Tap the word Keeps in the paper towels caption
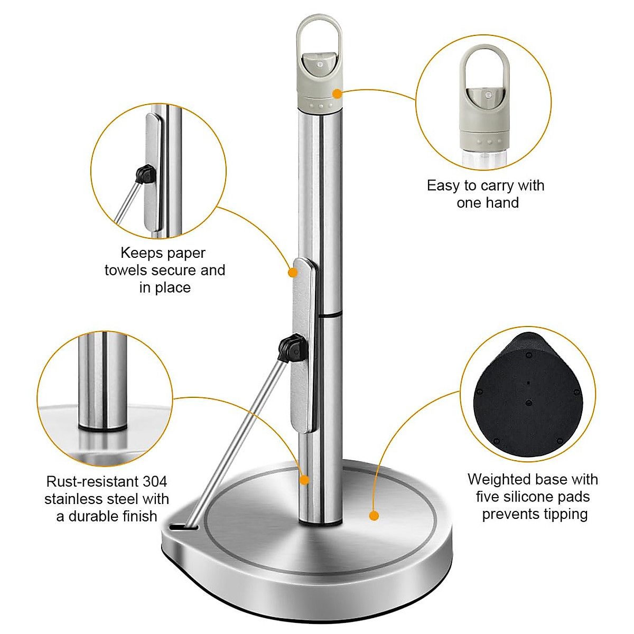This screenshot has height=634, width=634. [x=142, y=253]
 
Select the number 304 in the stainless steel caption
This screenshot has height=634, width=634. [x=155, y=482]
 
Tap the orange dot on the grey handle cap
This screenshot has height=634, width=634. [x=337, y=94]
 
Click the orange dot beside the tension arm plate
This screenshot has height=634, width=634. [x=292, y=273]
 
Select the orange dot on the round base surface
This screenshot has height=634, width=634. [x=374, y=516]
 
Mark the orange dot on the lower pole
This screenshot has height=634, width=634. [x=304, y=480]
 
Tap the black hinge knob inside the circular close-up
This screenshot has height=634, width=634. [x=144, y=173]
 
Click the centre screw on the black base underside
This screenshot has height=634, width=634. [x=529, y=403]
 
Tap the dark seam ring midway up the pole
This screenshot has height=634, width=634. [x=330, y=315]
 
